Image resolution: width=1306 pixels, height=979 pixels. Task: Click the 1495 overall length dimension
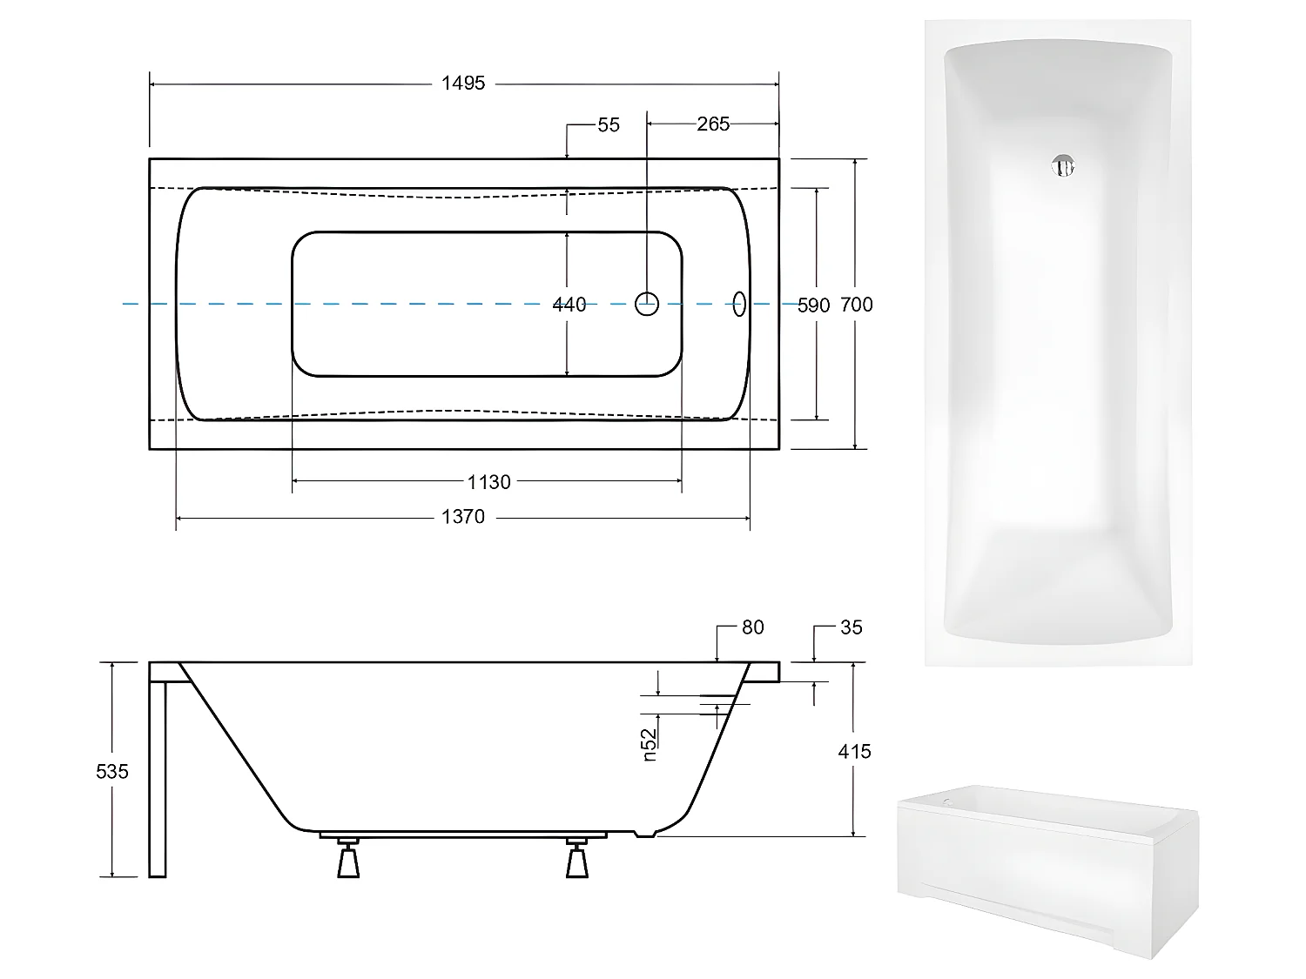click(462, 84)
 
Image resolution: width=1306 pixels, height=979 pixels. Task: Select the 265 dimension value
click(712, 124)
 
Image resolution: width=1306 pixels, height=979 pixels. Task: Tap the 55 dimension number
click(609, 125)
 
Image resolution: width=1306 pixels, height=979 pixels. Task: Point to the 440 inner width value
click(569, 305)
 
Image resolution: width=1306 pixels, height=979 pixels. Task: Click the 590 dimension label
click(814, 305)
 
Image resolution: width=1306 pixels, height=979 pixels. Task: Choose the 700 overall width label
click(857, 305)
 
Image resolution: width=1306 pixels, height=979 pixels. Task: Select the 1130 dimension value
click(488, 482)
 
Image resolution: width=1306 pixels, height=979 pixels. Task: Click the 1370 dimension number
click(462, 517)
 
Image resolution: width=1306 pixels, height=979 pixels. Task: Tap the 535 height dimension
click(113, 771)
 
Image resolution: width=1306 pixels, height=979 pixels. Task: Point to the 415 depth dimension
click(854, 751)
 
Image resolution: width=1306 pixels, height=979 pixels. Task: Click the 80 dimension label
click(752, 627)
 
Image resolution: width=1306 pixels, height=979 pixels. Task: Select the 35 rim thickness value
click(851, 627)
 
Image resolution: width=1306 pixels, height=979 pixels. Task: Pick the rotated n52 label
click(650, 745)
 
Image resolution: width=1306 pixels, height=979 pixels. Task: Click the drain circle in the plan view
click(647, 304)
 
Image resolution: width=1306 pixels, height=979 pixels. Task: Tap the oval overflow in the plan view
click(740, 304)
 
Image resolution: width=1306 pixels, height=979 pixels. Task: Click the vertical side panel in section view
click(157, 779)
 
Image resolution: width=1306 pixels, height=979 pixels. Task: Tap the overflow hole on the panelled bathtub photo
click(947, 798)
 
